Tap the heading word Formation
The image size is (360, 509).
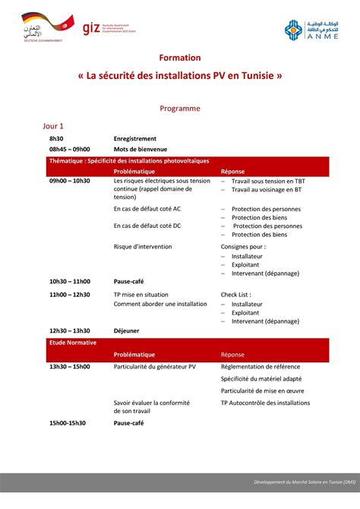click(180, 58)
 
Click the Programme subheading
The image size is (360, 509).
click(180, 109)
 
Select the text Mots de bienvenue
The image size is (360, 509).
click(140, 149)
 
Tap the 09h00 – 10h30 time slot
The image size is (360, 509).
click(69, 182)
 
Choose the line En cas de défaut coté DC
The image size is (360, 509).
click(147, 226)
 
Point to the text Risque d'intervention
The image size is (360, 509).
click(143, 247)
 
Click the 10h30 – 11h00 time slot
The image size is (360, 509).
click(69, 281)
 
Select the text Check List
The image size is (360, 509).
click(235, 295)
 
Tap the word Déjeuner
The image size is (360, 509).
click(126, 331)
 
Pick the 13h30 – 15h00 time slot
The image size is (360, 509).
click(69, 366)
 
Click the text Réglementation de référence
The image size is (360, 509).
click(261, 366)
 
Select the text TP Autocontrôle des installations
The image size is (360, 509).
click(267, 403)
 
